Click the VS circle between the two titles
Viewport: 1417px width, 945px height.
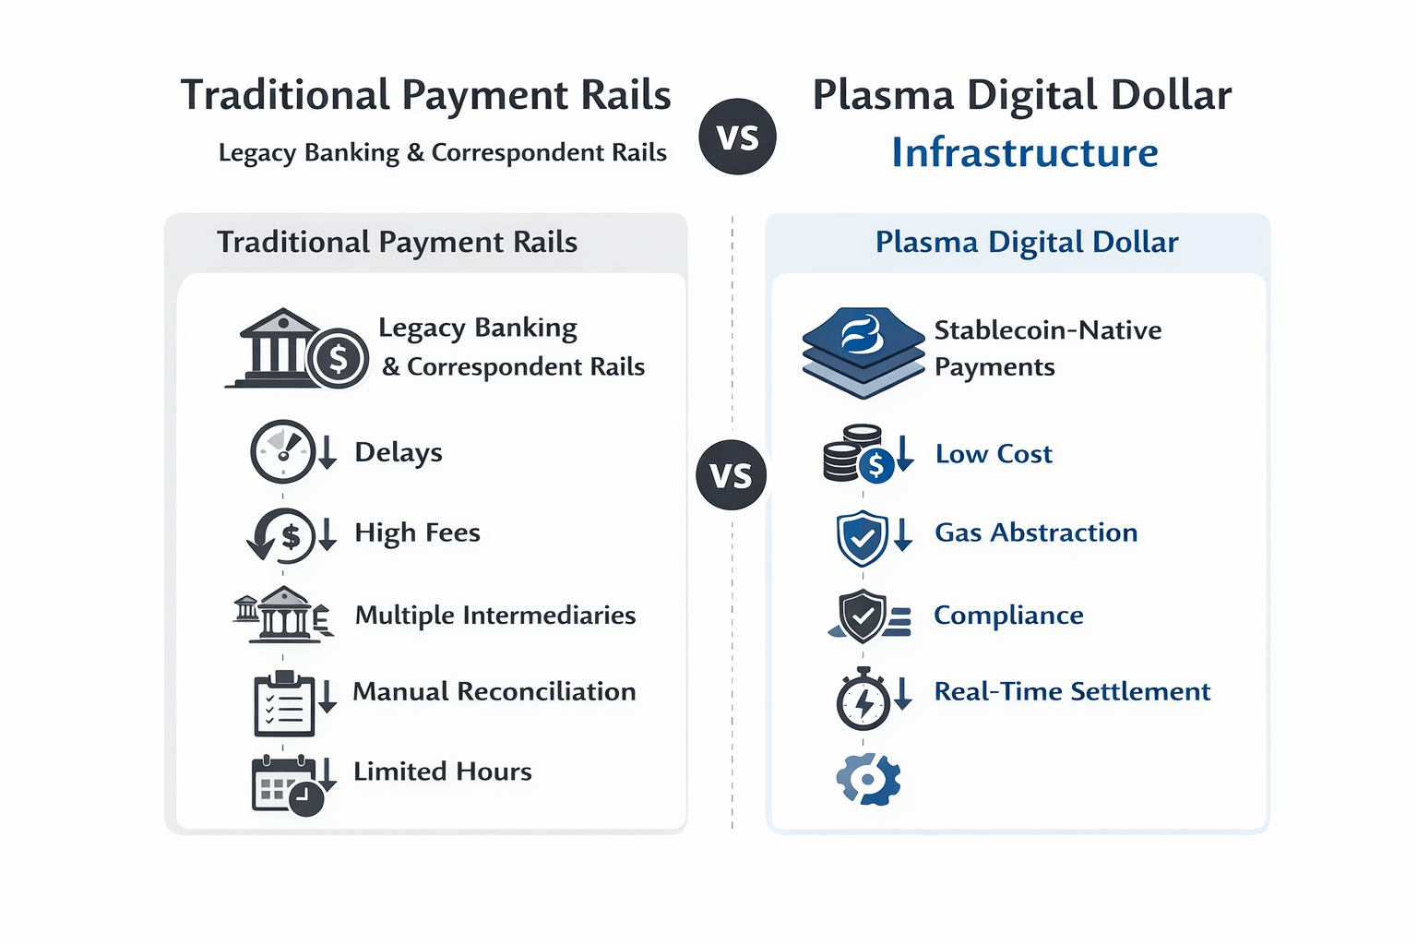[737, 137]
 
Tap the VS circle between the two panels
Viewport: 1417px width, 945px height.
[731, 475]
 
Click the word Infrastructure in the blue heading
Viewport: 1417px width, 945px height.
[1024, 152]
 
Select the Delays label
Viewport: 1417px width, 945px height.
[399, 452]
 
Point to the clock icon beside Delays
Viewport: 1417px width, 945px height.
[283, 452]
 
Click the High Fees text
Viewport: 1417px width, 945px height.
[417, 532]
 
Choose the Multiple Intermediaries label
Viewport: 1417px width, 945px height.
[495, 615]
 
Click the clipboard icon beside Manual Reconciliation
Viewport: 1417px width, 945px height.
[284, 704]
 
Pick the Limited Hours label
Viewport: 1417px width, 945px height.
[443, 772]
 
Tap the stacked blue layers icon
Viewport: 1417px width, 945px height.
[863, 351]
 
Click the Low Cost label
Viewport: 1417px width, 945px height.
[994, 454]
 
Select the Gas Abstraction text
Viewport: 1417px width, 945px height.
[1036, 532]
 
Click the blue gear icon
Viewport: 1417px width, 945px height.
[868, 779]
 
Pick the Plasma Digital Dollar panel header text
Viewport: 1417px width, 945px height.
[1027, 242]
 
